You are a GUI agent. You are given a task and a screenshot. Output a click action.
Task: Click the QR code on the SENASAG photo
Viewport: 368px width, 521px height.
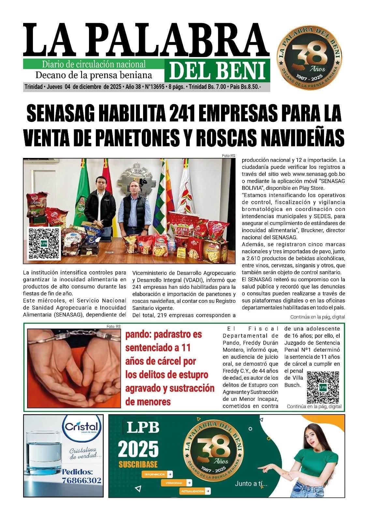coord(44,244)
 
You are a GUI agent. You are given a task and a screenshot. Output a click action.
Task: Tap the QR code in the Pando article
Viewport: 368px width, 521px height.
coord(323,387)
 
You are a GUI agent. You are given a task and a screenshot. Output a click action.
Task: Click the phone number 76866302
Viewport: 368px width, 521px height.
coord(81,480)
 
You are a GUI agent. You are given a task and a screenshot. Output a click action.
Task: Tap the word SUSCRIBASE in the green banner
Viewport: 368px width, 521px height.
coord(138,464)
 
